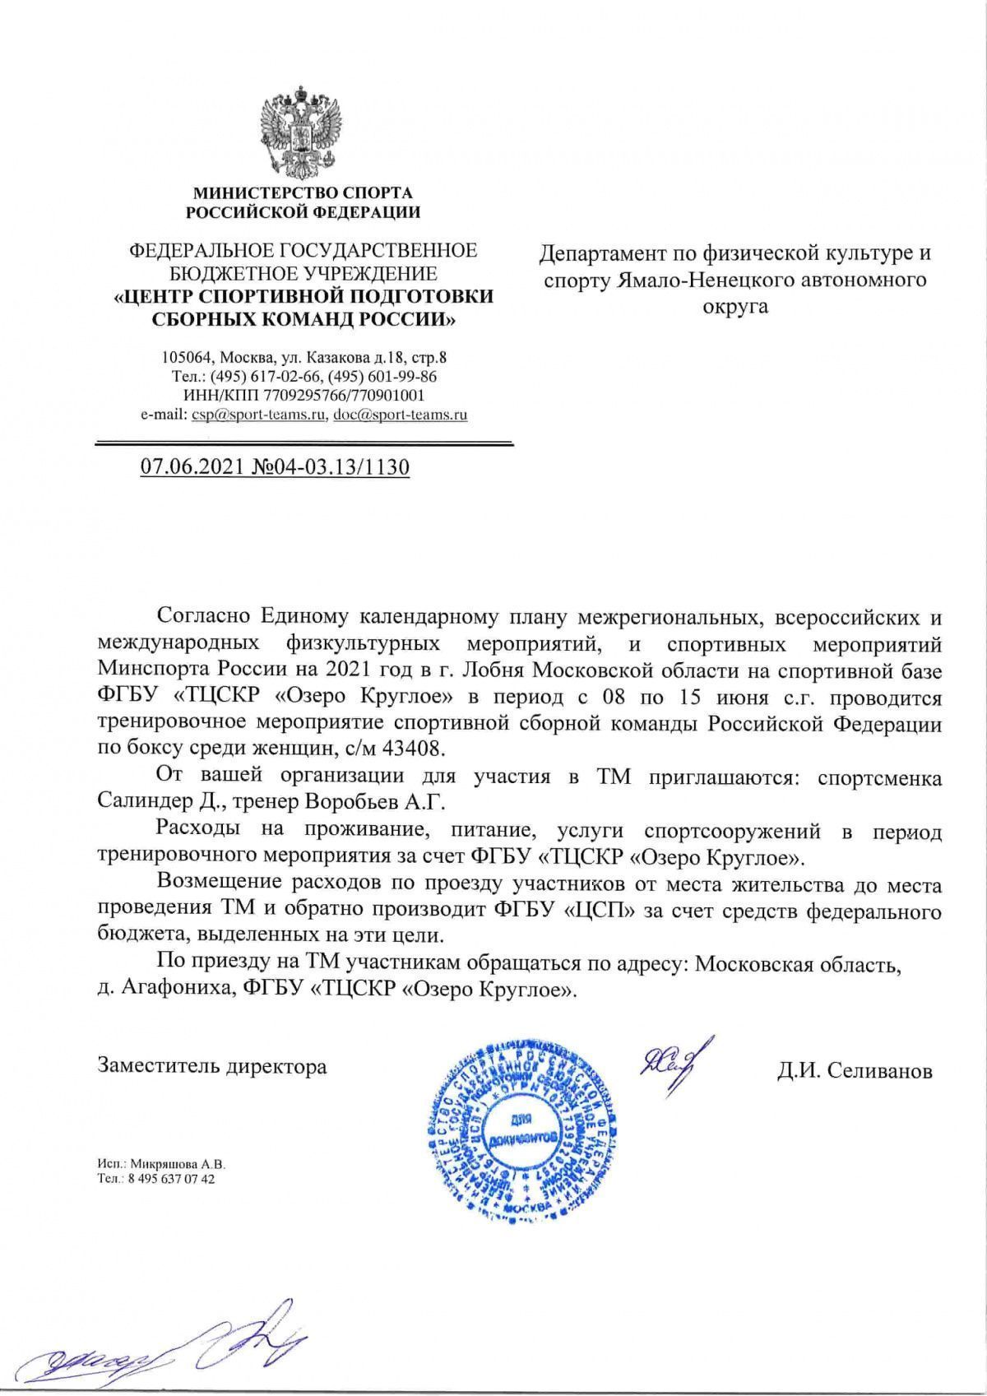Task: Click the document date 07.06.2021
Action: pos(191,468)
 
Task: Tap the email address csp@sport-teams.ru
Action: pos(257,415)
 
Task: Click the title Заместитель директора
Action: pos(212,1066)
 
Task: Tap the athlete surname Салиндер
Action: pos(141,800)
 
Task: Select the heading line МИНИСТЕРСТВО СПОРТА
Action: pos(303,194)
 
